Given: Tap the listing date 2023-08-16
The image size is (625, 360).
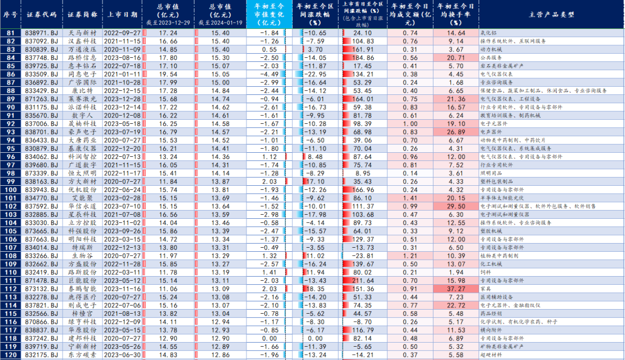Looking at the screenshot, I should pos(122,58).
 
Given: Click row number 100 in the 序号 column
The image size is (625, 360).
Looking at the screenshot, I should pos(10,190).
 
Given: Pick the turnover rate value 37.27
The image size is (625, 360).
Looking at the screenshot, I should pos(457,289).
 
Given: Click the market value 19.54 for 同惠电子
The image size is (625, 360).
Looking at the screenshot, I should pos(168,74).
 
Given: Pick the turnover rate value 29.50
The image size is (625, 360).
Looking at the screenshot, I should pos(457,206).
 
